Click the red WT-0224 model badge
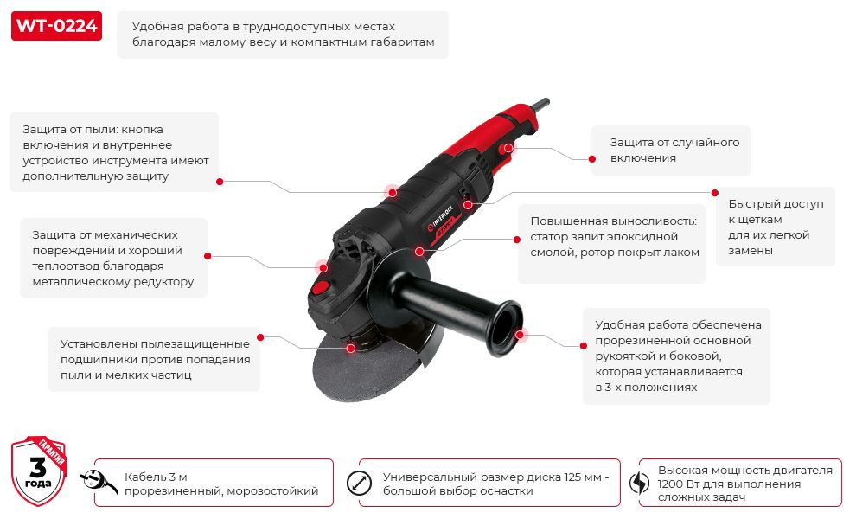(x=56, y=26)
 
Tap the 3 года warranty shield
(x=39, y=471)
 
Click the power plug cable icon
(x=99, y=482)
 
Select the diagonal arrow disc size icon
(x=359, y=483)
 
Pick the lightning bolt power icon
(x=639, y=483)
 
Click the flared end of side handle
(x=506, y=329)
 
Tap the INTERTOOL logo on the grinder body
(x=441, y=219)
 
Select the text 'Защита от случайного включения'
(x=674, y=151)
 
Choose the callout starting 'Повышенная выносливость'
(x=614, y=236)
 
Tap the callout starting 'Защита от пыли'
(x=116, y=153)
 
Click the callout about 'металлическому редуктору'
(x=113, y=259)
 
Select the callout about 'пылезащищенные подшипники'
(x=155, y=360)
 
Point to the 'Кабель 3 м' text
(x=156, y=477)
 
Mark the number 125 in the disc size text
(x=573, y=477)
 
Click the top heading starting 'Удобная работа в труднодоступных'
(x=284, y=34)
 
